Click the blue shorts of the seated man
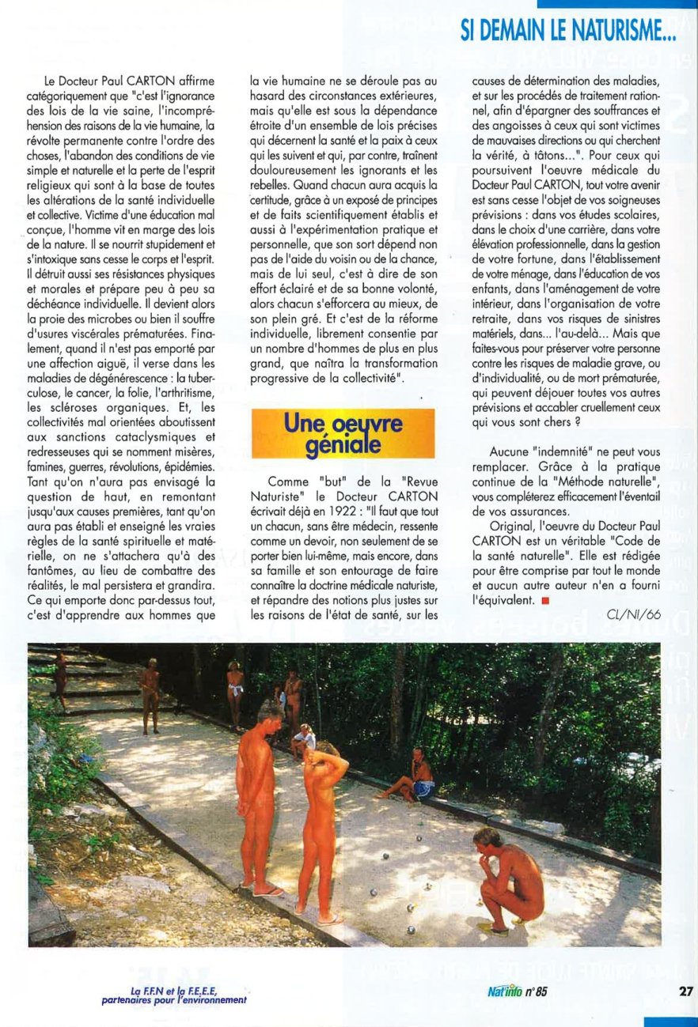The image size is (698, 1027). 424,787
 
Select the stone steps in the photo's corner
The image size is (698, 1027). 87,672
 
